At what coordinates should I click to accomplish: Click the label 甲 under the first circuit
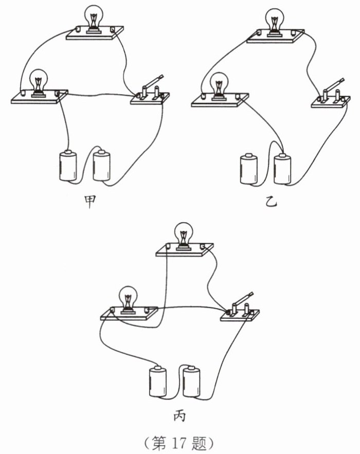point(91,203)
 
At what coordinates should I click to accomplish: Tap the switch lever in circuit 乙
point(334,85)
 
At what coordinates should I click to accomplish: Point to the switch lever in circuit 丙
point(242,300)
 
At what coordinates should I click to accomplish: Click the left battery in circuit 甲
point(67,166)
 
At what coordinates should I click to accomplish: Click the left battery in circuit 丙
point(158,381)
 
